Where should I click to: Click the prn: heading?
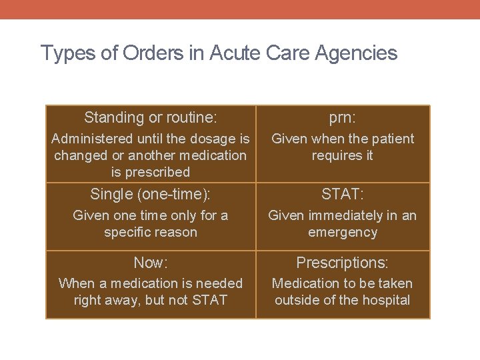343,118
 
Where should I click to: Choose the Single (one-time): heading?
150,195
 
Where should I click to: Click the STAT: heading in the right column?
343,195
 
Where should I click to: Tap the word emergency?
343,232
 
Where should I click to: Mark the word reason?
175,232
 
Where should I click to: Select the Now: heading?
150,263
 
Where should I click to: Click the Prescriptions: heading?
343,263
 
